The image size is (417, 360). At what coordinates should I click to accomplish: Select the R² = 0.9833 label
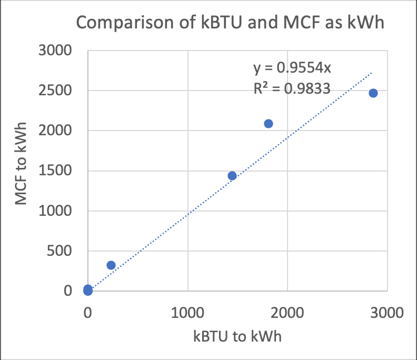291,88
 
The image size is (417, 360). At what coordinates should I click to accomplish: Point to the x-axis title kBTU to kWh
237,336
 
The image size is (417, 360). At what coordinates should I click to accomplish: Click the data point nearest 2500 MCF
373,93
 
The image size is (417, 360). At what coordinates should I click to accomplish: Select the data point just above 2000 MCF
269,124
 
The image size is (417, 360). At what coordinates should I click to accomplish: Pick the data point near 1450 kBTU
232,176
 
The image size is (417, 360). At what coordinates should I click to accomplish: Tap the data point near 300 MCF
111,265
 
